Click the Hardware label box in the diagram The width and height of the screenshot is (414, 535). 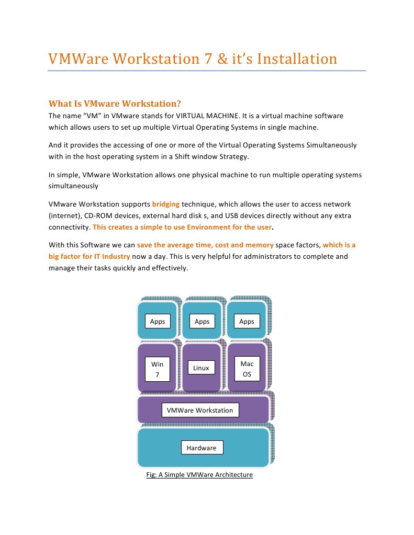[202, 448]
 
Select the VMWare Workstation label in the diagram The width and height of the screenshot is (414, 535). [200, 410]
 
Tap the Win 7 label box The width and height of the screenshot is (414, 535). [158, 369]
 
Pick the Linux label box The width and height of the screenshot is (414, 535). [201, 368]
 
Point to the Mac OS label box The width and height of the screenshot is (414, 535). [247, 368]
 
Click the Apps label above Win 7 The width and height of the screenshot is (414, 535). [158, 321]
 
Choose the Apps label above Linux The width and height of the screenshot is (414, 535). [202, 321]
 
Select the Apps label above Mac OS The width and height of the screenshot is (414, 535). [247, 321]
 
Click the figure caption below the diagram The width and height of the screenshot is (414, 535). [199, 475]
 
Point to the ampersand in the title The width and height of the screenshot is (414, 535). [222, 59]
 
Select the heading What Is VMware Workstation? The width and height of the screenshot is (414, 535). [115, 103]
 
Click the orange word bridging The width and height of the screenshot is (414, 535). [166, 204]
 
